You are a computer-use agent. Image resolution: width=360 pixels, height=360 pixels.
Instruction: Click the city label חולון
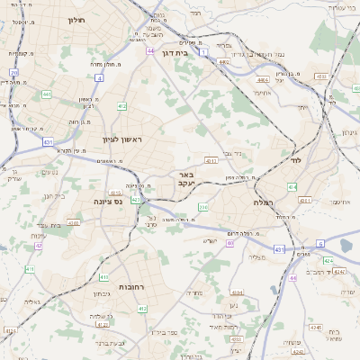pyautogui.click(x=78, y=18)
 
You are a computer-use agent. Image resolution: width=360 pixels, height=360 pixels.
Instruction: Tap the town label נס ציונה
pyautogui.click(x=107, y=202)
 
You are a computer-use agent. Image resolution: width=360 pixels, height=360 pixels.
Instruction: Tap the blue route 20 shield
pyautogui.click(x=13, y=72)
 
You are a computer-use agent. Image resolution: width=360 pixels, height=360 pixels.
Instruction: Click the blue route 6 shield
pyautogui.click(x=320, y=244)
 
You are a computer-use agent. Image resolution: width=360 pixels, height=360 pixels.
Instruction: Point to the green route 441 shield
pyautogui.click(x=46, y=93)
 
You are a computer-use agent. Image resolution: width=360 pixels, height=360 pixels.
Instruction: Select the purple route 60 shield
pyautogui.click(x=230, y=243)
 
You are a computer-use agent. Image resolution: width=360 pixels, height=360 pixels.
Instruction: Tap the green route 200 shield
pyautogui.click(x=204, y=208)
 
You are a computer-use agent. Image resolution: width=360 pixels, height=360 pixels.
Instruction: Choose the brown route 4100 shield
pyautogui.click(x=74, y=222)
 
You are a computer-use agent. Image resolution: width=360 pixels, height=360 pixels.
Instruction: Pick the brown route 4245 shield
pyautogui.click(x=340, y=270)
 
